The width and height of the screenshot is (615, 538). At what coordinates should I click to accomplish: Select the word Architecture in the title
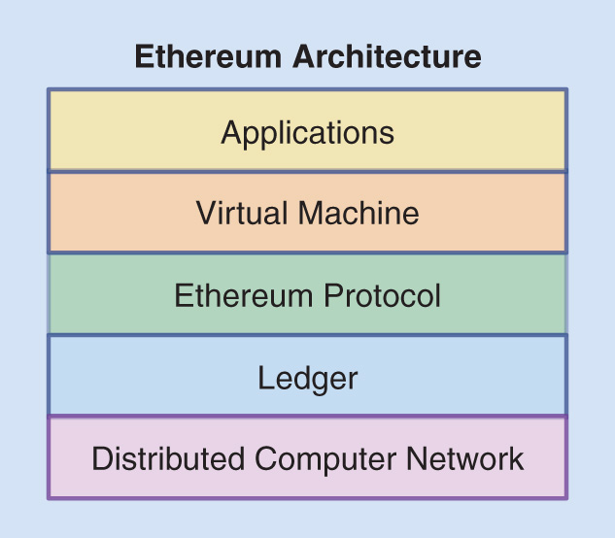(x=389, y=56)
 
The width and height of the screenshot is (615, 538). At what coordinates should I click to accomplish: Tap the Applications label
(x=308, y=131)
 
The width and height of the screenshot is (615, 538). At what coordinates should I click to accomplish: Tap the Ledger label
(x=308, y=378)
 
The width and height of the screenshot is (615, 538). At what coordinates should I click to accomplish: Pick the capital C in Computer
(x=269, y=458)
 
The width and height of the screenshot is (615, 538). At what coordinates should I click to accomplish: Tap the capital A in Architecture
(x=304, y=56)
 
